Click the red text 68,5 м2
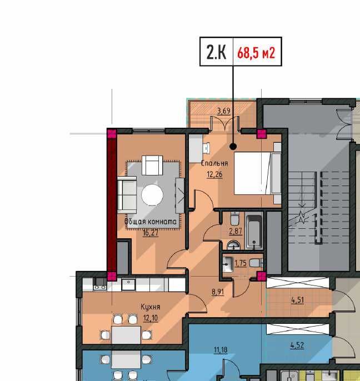click(x=256, y=53)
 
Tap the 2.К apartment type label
click(x=216, y=52)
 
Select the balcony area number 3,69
click(x=224, y=111)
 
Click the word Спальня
click(x=214, y=163)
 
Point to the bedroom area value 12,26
click(x=214, y=174)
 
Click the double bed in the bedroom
click(x=258, y=173)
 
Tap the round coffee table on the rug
click(x=152, y=195)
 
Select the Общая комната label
click(x=151, y=222)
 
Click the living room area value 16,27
click(x=151, y=233)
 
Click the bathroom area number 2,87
click(x=236, y=231)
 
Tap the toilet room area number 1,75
click(x=241, y=263)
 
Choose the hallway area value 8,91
click(x=218, y=292)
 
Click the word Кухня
click(x=151, y=307)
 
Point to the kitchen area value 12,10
click(x=151, y=318)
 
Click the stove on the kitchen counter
click(x=100, y=284)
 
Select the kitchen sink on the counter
click(x=128, y=284)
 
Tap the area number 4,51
click(x=298, y=300)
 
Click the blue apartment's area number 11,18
click(x=221, y=350)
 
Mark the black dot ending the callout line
click(x=233, y=147)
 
